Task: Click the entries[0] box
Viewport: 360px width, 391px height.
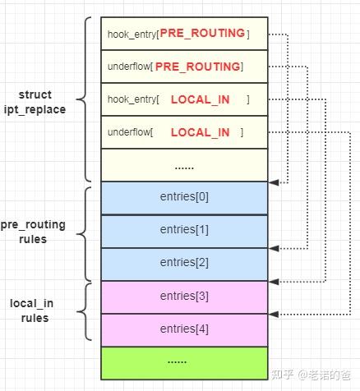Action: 184,197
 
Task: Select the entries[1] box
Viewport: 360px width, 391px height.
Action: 184,230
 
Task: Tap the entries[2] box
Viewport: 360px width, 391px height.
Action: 184,263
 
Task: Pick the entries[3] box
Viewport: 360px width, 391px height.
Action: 184,297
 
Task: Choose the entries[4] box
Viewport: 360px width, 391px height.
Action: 184,329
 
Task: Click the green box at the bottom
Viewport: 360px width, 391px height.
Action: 184,362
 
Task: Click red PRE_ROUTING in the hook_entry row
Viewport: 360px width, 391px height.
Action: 201,34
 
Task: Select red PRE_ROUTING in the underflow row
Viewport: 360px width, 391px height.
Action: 197,67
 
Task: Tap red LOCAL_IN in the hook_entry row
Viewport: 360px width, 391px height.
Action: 200,99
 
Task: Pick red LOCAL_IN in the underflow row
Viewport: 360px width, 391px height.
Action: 200,132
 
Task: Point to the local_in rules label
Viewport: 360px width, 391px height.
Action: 33,310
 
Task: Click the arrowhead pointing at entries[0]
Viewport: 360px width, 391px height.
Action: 273,182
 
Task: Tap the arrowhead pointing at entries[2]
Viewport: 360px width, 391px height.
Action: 273,247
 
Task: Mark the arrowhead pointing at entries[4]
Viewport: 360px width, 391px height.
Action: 273,314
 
